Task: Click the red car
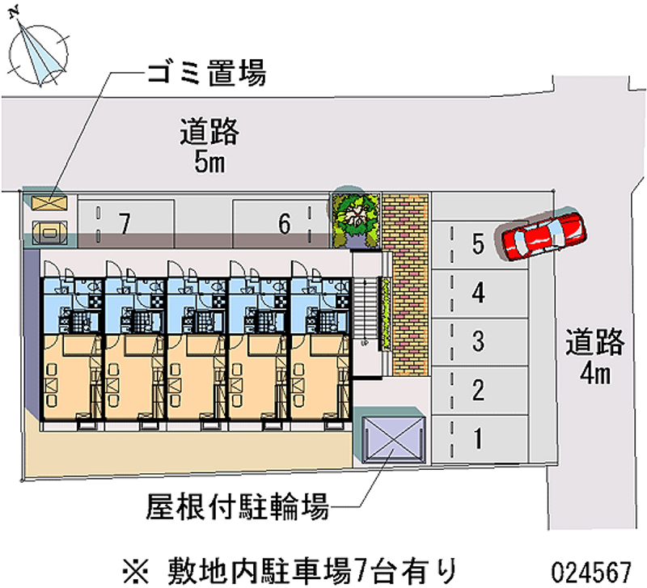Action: [541, 235]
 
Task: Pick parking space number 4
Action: [478, 293]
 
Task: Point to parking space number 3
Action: [478, 341]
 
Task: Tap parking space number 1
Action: [478, 439]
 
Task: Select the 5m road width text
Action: [209, 163]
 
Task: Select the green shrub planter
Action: [355, 218]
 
